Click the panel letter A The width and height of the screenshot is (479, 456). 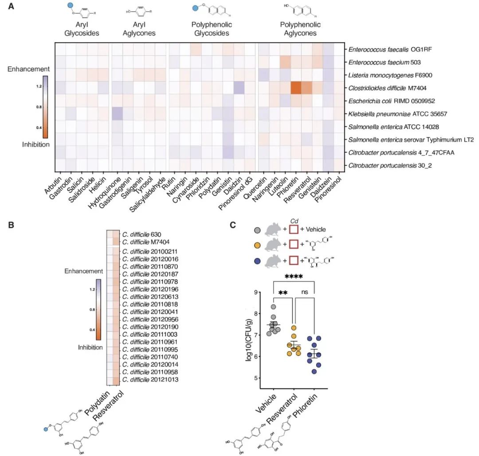12,7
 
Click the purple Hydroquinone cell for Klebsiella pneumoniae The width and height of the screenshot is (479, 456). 117,113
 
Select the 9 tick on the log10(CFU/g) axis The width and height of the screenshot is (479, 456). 256,292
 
